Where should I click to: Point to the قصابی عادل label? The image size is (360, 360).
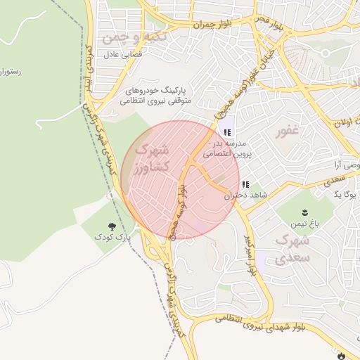point(123,54)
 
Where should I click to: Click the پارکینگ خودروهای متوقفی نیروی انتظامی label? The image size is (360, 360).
point(155,96)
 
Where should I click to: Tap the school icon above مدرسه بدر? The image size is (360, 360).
point(226,132)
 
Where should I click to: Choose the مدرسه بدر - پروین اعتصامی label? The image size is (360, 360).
point(224,146)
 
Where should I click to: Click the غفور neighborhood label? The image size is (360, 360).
point(289,131)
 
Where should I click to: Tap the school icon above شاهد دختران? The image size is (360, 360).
point(245,184)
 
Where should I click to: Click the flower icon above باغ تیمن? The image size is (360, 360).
point(304,212)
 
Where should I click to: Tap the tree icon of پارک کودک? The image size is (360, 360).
point(113,226)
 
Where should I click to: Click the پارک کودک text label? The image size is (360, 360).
point(113,238)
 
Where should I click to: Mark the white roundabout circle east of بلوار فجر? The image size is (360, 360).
point(325,53)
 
